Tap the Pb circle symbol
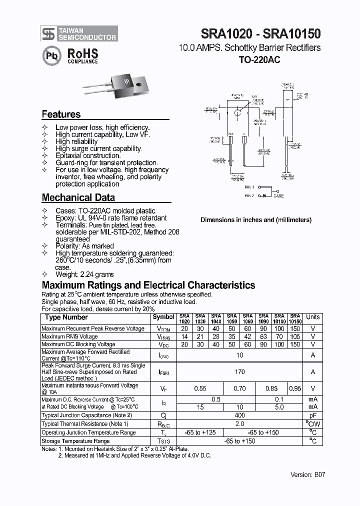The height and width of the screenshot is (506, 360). [x=52, y=56]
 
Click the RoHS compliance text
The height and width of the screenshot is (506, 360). [x=82, y=55]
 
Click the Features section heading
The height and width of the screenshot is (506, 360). [x=61, y=114]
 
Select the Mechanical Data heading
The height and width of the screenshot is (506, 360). [x=78, y=197]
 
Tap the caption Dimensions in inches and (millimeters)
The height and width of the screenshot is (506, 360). [x=256, y=219]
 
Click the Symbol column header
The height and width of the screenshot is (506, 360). [x=163, y=317]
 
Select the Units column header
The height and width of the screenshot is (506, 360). [x=313, y=317]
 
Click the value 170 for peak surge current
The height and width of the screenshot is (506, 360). [x=239, y=372]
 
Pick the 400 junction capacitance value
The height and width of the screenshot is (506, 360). [x=239, y=415]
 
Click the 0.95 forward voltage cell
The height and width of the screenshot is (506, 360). [x=295, y=388]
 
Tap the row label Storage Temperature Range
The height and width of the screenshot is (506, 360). [x=75, y=441]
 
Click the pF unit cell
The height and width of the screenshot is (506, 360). [x=313, y=415]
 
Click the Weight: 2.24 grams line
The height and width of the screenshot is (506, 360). [x=84, y=274]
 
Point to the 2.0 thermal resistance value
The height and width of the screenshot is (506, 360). [x=239, y=424]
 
